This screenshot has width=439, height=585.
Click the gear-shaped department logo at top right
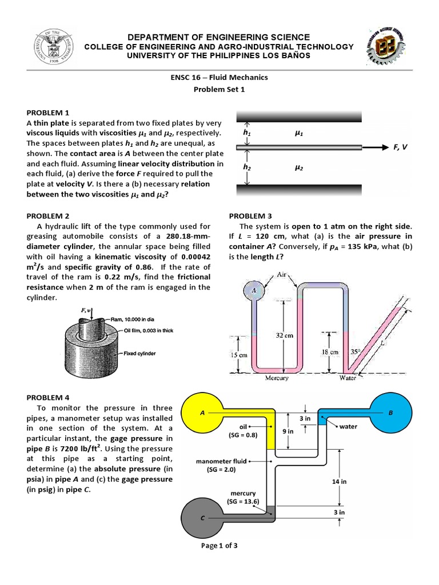coord(388,45)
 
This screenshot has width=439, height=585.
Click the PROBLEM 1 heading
coord(50,113)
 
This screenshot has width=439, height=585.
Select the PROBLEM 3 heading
coord(250,216)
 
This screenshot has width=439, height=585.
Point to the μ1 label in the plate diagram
coord(298,134)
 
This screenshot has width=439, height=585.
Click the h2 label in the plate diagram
coord(247,167)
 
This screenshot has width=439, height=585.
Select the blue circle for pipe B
coord(390,413)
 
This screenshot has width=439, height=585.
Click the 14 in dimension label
coord(339,482)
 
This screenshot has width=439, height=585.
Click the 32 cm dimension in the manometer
coord(284,335)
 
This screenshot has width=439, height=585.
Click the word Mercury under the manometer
coord(277,378)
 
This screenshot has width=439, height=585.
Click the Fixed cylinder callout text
coord(139,354)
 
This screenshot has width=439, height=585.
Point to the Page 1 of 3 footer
coord(219,546)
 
